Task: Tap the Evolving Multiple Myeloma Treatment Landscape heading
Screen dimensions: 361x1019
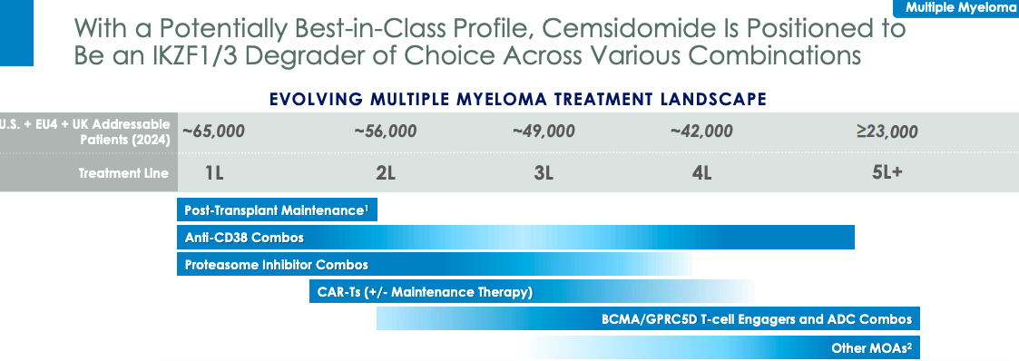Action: tap(518, 98)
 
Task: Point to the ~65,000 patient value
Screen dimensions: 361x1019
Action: tap(213, 132)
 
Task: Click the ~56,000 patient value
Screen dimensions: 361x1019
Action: tap(386, 132)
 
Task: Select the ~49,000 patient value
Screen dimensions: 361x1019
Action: tap(544, 132)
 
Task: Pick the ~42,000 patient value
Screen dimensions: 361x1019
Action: tap(701, 132)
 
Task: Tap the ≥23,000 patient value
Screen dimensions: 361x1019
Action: tap(887, 132)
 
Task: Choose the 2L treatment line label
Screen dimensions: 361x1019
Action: tap(386, 173)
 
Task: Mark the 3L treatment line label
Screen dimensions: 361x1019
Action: tap(544, 173)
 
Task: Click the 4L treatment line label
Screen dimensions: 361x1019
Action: tap(701, 173)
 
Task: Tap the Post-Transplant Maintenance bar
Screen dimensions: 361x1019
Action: tap(276, 210)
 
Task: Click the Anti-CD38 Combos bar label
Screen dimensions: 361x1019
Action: tap(244, 238)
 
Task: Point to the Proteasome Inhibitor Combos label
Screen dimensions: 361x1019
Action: tap(276, 265)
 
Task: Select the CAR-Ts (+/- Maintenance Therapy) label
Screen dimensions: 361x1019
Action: tap(424, 292)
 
